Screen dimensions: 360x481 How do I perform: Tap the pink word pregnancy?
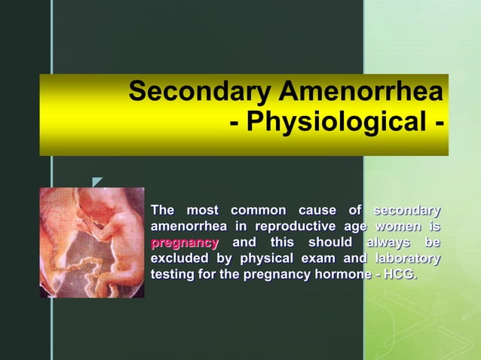point(185,243)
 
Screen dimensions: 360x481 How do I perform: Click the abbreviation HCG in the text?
point(399,275)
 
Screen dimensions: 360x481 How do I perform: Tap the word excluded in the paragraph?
point(176,259)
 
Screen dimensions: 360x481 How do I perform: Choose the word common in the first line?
point(258,210)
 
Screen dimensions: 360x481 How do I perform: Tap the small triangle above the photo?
point(97,182)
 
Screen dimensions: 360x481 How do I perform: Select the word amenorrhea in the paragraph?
point(188,227)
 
